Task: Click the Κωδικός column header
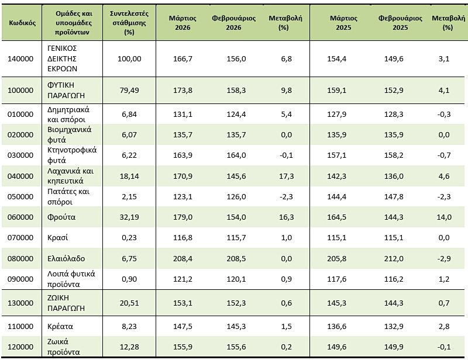[x=22, y=23]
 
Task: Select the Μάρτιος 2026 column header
[x=183, y=23]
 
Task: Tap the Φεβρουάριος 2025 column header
[x=400, y=23]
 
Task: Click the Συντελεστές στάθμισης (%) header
[x=129, y=23]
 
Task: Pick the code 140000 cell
[x=20, y=59]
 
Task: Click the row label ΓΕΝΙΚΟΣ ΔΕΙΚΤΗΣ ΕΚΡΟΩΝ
[x=63, y=58]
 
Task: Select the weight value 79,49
[x=129, y=91]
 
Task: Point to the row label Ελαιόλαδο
[x=66, y=258]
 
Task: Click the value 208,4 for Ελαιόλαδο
[x=183, y=258]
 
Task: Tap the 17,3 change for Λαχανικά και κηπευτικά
[x=287, y=176]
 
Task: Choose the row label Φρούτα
[x=61, y=217]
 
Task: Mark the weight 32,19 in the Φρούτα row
[x=129, y=217]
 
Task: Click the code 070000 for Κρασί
[x=20, y=238]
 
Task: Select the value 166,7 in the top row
[x=183, y=59]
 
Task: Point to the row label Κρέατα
[x=60, y=326]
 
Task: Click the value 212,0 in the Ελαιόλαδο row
[x=394, y=258]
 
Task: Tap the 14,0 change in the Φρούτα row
[x=444, y=217]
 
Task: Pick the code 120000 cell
[x=20, y=347]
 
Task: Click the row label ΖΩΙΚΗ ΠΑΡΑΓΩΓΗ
[x=66, y=303]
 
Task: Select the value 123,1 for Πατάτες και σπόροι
[x=183, y=197]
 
